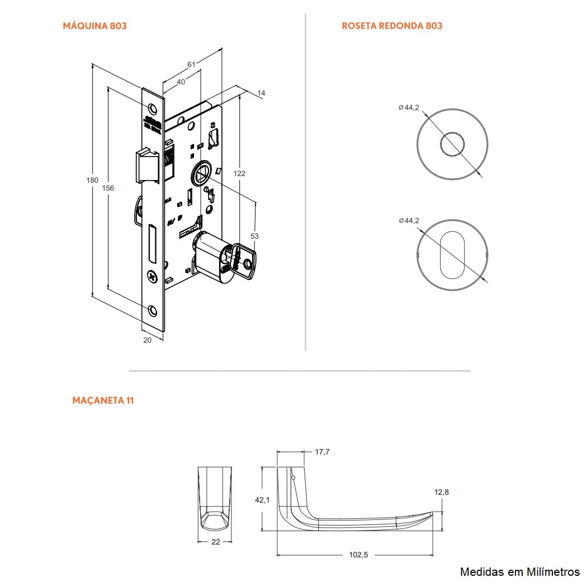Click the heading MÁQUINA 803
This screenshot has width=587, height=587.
pos(94,26)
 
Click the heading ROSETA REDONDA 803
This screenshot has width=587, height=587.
pos(392,26)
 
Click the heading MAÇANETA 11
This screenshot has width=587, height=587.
pos(103,400)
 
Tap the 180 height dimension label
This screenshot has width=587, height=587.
pos(92,180)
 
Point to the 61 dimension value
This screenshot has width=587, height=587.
pos(191,65)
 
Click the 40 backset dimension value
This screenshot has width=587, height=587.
pos(181,82)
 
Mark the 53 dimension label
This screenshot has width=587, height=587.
pos(254,236)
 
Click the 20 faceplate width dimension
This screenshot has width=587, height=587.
pos(148,340)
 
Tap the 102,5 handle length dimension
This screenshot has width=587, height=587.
pos(358,555)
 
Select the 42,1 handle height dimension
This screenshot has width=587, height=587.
pos(262,500)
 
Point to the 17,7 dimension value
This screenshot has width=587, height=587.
pos(322,452)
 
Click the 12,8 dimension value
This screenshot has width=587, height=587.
pos(441,492)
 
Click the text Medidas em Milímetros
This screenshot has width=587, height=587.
pos(519,571)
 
